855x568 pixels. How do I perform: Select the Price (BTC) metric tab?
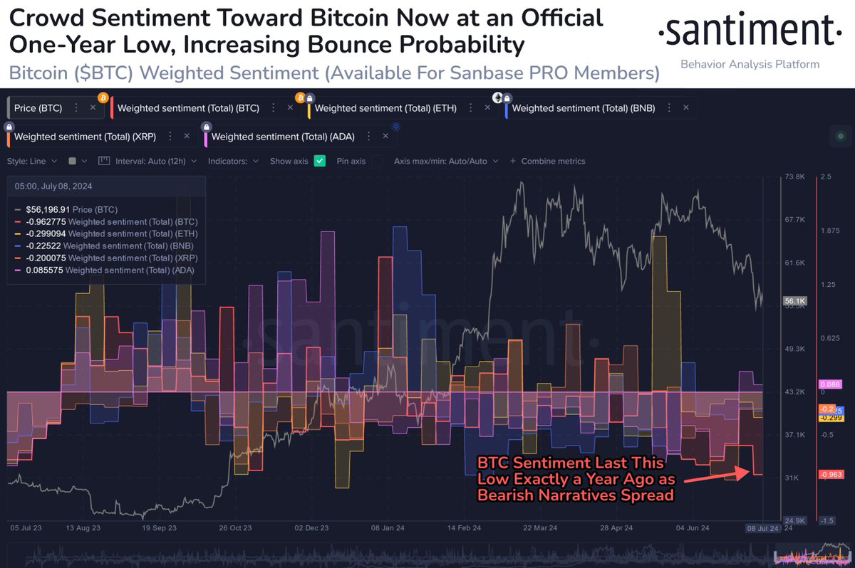point(38,107)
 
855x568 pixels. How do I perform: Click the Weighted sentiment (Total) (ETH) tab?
point(385,108)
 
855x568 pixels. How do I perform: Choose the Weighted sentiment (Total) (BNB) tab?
point(583,108)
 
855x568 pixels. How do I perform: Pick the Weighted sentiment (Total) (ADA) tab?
point(283,136)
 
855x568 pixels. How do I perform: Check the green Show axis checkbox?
point(320,161)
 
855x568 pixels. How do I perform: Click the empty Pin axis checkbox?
point(377,161)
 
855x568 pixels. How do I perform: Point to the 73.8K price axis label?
point(794,177)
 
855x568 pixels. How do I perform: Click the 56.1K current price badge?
point(795,301)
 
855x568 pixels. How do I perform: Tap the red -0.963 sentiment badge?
point(831,475)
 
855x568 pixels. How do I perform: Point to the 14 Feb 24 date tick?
point(464,528)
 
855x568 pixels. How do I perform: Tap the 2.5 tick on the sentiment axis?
point(826,177)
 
